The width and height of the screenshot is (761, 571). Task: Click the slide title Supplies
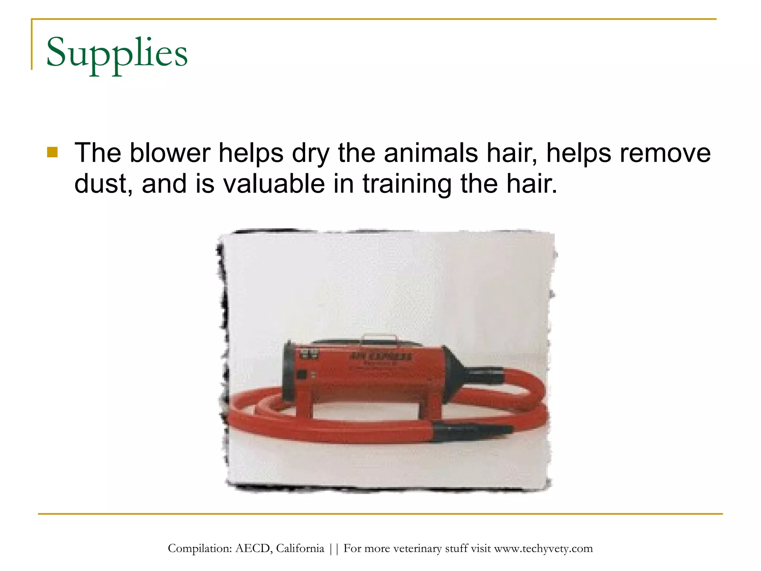(x=117, y=53)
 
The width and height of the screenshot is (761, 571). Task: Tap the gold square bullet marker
(x=52, y=152)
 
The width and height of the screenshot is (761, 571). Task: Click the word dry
(x=311, y=154)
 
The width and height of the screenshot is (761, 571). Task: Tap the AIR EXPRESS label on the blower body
(x=380, y=357)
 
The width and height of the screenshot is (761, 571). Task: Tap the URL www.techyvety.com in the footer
(x=543, y=549)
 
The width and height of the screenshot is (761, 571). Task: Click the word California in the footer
(x=300, y=549)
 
